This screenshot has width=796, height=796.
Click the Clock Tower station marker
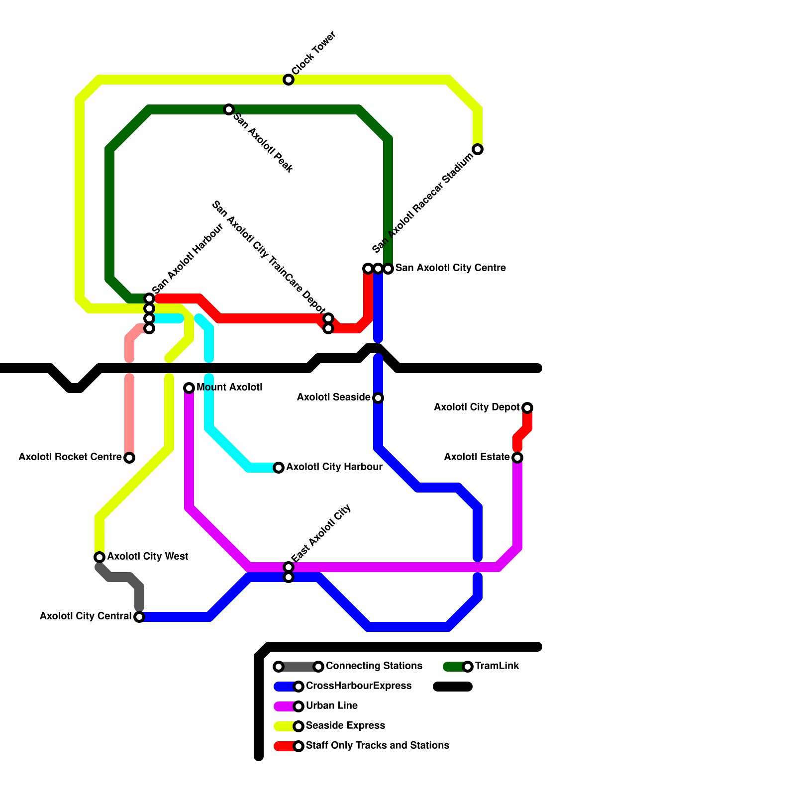pos(289,80)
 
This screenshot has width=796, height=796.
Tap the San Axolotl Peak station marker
pos(229,109)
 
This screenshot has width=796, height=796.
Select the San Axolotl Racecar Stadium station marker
pos(478,149)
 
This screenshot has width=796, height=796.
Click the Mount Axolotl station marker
pos(189,388)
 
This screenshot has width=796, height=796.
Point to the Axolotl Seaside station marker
pos(378,398)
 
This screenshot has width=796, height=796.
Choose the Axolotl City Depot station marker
pos(527,408)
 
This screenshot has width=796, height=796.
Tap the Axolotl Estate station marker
pos(517,458)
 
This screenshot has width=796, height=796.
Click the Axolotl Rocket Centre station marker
pos(129,458)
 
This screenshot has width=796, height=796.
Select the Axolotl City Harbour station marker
pos(279,468)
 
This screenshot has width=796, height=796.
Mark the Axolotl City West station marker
pos(99,557)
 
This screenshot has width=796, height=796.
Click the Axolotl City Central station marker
pos(139,617)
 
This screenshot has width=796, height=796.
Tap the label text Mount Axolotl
pos(229,388)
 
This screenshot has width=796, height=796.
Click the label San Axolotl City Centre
pos(450,268)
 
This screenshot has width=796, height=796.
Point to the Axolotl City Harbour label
pos(334,467)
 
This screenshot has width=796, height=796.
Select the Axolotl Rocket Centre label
pos(70,457)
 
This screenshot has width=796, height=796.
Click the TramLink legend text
pos(497,666)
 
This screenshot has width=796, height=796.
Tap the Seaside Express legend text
pos(345,726)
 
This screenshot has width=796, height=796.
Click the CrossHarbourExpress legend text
pos(358,686)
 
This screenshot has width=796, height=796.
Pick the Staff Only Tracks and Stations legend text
pos(377,746)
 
